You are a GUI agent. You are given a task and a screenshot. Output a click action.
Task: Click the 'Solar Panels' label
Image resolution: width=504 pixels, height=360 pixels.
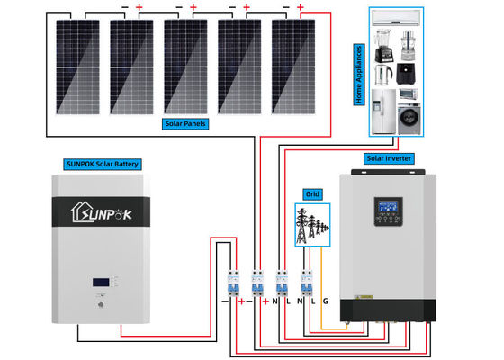[185, 122]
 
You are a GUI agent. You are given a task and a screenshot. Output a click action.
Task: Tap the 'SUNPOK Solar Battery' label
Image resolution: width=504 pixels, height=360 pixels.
[105, 164]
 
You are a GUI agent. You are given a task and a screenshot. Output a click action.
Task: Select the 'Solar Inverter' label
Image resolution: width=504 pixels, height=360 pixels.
[388, 158]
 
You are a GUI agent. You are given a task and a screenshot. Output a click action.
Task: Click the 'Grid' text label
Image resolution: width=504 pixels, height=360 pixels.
[312, 193]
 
